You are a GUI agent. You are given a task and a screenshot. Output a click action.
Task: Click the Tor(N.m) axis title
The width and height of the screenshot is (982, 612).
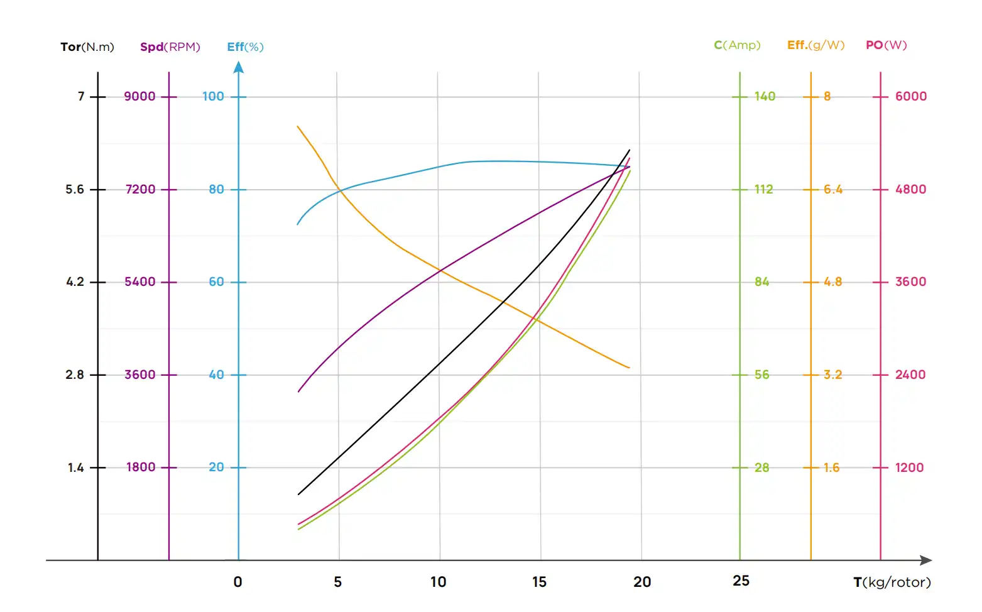pyautogui.click(x=87, y=47)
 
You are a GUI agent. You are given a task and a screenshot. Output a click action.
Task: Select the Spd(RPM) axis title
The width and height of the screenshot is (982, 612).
pyautogui.click(x=170, y=47)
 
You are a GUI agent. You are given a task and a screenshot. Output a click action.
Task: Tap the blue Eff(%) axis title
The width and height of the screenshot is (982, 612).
pyautogui.click(x=245, y=47)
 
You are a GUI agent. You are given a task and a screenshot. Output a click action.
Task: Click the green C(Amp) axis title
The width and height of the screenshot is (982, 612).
pyautogui.click(x=737, y=45)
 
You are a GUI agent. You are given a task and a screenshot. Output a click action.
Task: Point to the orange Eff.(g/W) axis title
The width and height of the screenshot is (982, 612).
pyautogui.click(x=816, y=45)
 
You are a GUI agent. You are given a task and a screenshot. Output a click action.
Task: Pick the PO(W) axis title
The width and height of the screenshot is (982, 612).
pyautogui.click(x=886, y=45)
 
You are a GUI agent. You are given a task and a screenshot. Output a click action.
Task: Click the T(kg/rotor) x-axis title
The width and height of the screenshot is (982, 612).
pyautogui.click(x=892, y=582)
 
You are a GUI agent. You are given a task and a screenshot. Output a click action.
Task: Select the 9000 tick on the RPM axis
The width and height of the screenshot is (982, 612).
pyautogui.click(x=139, y=97)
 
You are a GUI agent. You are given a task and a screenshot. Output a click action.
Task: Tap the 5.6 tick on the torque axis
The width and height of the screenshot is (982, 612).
pyautogui.click(x=75, y=190)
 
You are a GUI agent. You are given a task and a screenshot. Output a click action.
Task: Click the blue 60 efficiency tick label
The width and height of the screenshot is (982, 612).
pyautogui.click(x=216, y=282)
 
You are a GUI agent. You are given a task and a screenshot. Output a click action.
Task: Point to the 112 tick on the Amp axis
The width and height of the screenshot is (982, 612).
pyautogui.click(x=763, y=190)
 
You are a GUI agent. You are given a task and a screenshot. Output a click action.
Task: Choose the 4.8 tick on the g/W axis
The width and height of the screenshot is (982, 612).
pyautogui.click(x=832, y=282)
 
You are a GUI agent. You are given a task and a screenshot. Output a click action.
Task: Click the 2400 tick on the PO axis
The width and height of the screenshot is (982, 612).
pyautogui.click(x=910, y=375)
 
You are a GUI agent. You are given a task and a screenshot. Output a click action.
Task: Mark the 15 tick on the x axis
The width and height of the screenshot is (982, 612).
pyautogui.click(x=539, y=582)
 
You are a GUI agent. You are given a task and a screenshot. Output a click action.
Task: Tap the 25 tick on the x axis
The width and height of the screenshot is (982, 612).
pyautogui.click(x=741, y=581)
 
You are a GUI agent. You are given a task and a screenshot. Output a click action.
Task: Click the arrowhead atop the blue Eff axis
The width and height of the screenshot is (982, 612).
pyautogui.click(x=239, y=67)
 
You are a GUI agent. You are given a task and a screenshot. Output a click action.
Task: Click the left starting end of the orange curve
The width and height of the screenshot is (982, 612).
pyautogui.click(x=298, y=127)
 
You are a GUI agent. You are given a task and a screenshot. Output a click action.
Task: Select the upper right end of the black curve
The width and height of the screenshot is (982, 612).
pyautogui.click(x=629, y=150)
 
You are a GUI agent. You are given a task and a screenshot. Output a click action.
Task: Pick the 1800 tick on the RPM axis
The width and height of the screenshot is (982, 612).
pyautogui.click(x=141, y=467)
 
